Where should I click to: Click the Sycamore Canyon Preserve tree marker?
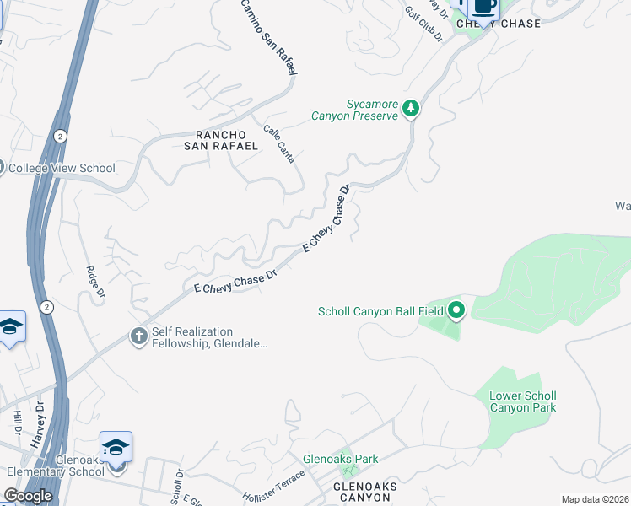(x=411, y=108)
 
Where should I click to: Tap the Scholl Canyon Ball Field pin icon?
(x=456, y=311)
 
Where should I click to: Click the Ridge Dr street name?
(x=95, y=282)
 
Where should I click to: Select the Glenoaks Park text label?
(x=341, y=459)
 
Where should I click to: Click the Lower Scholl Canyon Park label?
(x=523, y=401)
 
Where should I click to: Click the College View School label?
(x=62, y=168)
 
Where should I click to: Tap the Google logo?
(x=28, y=496)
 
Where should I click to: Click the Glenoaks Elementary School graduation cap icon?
(x=116, y=446)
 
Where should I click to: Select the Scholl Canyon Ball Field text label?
(x=380, y=312)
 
